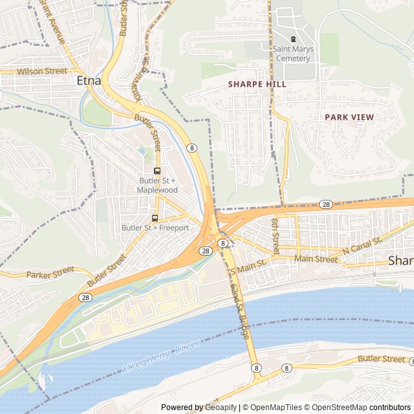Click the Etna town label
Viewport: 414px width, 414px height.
coord(88,81)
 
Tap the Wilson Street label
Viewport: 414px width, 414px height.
coord(42,71)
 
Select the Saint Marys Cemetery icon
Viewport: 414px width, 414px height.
coord(293,39)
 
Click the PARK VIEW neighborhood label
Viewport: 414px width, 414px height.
coord(349,117)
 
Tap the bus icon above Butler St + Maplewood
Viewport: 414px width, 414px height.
coord(157,171)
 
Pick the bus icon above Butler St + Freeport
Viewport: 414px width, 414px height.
coord(155,218)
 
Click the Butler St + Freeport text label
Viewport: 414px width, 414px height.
coord(155,228)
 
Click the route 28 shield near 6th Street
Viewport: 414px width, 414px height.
coord(326,204)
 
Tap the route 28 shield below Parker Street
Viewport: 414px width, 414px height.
coord(85,297)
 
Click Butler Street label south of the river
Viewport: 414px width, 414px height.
coord(381,358)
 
